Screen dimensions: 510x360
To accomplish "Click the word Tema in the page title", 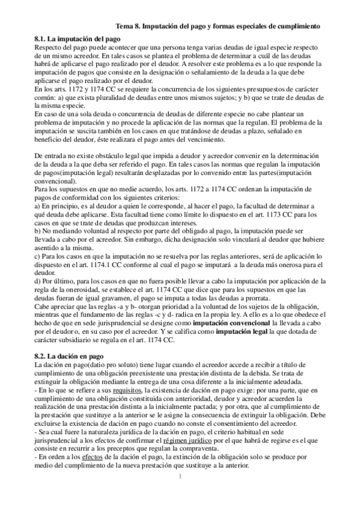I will (x=126, y=26).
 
